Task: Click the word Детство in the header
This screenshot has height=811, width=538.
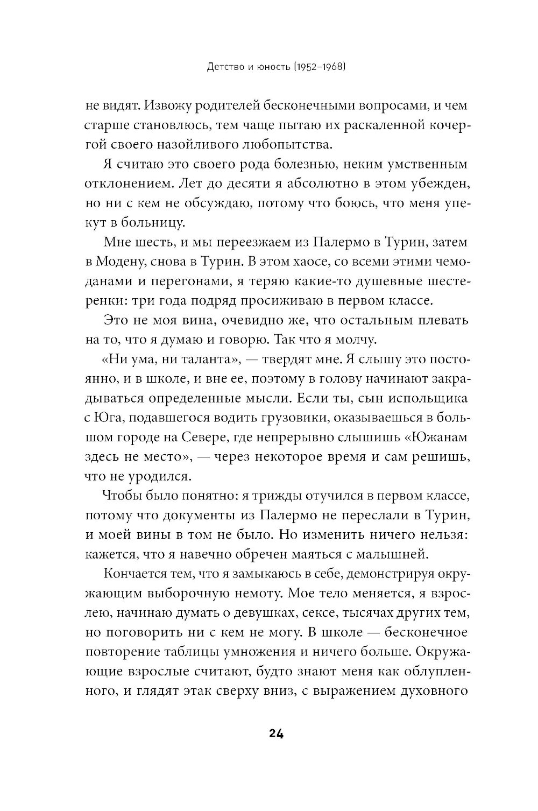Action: (214, 68)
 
